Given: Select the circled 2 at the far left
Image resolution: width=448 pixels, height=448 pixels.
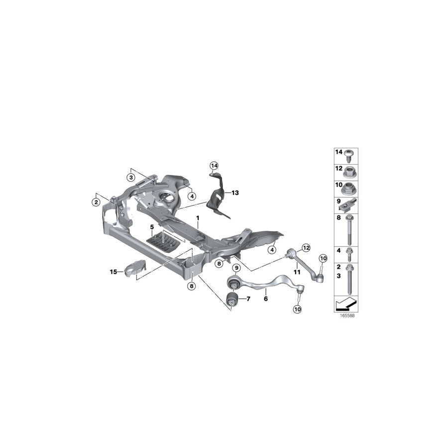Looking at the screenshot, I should click(95, 202).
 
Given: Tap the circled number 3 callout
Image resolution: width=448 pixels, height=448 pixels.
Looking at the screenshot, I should click(131, 177).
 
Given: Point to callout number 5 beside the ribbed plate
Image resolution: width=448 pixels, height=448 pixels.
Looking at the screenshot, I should click(152, 227).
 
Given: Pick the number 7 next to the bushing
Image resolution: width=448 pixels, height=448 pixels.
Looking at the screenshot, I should click(247, 299).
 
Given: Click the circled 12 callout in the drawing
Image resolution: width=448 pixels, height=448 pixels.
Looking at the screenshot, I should click(306, 247).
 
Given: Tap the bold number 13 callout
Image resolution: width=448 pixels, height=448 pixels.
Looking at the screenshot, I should click(235, 192).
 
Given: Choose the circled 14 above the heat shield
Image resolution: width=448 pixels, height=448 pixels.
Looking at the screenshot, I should click(214, 165).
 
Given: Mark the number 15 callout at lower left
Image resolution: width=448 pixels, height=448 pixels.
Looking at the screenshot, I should click(113, 271).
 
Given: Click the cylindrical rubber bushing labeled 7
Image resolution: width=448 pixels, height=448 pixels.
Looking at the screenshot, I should click(231, 300).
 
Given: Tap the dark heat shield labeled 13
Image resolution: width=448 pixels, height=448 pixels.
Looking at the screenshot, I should click(218, 199).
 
